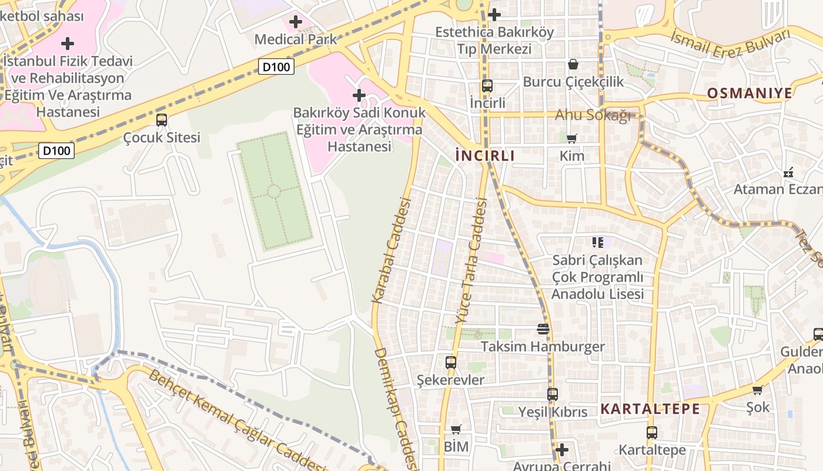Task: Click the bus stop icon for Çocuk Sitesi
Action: point(162,120)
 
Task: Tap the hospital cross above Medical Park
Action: point(296,22)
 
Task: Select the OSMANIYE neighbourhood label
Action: point(750,93)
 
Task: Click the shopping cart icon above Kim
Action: point(571,139)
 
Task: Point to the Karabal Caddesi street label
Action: point(390,250)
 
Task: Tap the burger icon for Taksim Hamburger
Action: point(543,329)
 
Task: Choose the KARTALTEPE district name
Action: point(650,409)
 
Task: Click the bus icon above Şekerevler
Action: point(451,363)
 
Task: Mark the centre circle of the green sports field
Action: point(274,191)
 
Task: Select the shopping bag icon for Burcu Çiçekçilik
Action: point(573,64)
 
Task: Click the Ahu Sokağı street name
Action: point(593,115)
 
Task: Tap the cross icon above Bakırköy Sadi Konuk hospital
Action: point(359,95)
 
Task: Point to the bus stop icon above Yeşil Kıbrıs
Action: point(553,394)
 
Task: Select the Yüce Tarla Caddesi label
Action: point(471,261)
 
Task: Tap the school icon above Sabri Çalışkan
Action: point(598,242)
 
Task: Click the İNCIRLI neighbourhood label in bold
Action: point(485,156)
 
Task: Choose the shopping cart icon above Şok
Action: point(758,390)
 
